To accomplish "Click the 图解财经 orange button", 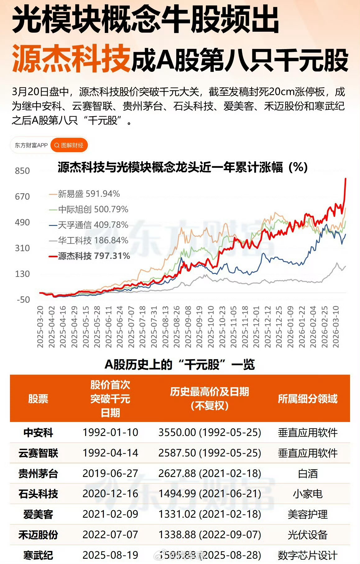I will (x=69, y=145).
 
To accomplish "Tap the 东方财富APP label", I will (x=31, y=145).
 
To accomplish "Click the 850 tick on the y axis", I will (x=22, y=171).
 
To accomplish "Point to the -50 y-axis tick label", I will (x=23, y=300).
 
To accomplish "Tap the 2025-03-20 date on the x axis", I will (x=40, y=326).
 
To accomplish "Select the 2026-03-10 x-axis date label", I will (x=336, y=326).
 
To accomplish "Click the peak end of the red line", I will (x=346, y=178).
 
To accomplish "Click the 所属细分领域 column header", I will (x=307, y=399).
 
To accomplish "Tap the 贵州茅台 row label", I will (x=38, y=474).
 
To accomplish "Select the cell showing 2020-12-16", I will (x=110, y=494).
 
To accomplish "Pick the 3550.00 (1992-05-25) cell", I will (x=210, y=432).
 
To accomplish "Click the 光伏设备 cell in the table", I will (x=307, y=535).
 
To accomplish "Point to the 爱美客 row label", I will (x=38, y=514).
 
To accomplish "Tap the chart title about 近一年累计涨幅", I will (x=182, y=167).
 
